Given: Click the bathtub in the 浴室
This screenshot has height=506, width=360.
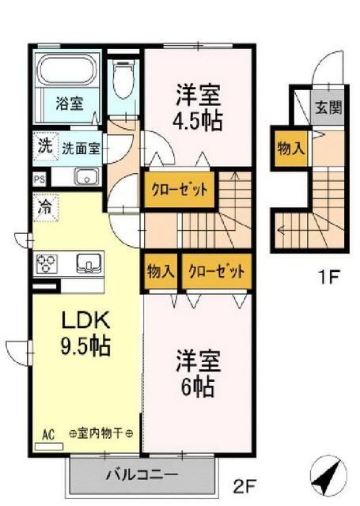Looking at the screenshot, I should click(66, 75).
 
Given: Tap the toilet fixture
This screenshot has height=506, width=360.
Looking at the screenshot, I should click(123, 79).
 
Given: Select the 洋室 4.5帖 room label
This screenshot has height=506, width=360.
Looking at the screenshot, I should click(198, 107).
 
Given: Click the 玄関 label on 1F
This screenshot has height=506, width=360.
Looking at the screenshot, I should click(328, 108).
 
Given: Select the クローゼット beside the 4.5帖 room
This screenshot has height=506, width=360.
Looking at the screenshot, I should click(178, 191).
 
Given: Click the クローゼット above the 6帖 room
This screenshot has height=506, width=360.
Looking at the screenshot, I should click(216, 270).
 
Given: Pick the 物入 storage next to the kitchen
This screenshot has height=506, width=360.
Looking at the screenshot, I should click(161, 270).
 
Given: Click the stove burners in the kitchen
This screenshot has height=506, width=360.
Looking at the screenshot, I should click(46, 262).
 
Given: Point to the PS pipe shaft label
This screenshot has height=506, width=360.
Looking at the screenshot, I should click(39, 179).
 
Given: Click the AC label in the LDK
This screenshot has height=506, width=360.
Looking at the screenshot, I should click(47, 434).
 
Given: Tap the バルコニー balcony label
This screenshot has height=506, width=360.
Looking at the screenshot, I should click(143, 475).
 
